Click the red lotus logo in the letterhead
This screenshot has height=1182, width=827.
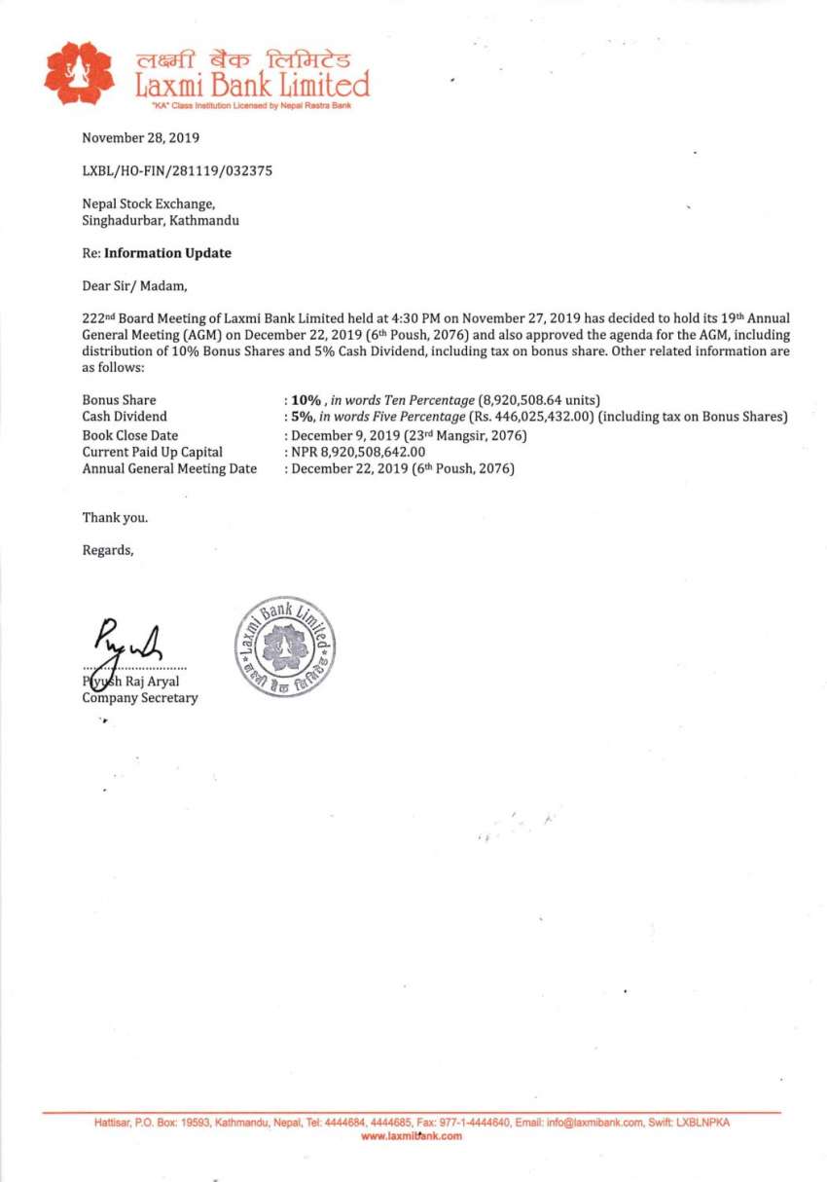(79, 73)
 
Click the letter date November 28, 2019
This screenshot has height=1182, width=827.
(140, 138)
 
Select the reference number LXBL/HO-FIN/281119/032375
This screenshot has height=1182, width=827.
(177, 171)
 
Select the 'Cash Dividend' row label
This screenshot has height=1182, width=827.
(125, 417)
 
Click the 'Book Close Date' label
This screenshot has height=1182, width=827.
(129, 435)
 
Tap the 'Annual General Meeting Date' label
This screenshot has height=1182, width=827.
(169, 468)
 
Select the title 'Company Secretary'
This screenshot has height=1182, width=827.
(139, 698)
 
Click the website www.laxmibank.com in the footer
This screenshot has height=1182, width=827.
(412, 1136)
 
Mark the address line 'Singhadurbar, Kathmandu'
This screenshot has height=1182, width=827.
(161, 221)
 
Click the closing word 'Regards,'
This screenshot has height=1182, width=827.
(108, 550)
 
